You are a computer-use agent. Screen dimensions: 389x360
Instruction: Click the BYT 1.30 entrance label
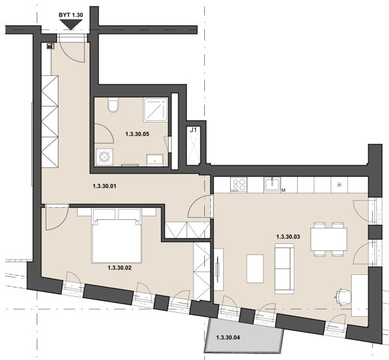click(70, 15)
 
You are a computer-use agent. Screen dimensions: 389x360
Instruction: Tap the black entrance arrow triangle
click(71, 25)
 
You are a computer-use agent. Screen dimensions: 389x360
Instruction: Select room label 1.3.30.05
click(137, 134)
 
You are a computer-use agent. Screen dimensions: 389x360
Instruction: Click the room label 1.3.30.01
click(104, 186)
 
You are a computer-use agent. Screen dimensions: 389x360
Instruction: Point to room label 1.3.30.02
click(120, 268)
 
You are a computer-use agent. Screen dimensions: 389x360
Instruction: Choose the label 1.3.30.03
click(288, 237)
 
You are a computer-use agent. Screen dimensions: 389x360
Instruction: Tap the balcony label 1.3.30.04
click(228, 337)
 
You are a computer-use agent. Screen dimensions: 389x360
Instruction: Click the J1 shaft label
click(194, 130)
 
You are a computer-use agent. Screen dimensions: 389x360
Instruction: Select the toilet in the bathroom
click(113, 105)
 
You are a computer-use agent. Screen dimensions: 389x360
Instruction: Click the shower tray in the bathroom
click(156, 110)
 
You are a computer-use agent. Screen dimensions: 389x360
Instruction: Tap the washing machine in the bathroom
click(104, 157)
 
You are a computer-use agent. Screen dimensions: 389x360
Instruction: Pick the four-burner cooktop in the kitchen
click(239, 185)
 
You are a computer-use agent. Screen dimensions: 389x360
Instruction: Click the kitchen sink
click(272, 185)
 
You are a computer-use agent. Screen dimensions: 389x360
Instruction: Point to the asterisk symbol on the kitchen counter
click(339, 185)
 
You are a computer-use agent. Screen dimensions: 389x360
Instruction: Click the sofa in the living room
click(285, 268)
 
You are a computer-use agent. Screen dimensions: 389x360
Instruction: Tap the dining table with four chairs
click(328, 239)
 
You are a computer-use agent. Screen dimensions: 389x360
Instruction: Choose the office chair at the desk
click(343, 297)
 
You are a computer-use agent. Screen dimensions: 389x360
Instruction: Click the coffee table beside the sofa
click(255, 268)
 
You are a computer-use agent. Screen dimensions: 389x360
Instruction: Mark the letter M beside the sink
click(283, 190)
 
